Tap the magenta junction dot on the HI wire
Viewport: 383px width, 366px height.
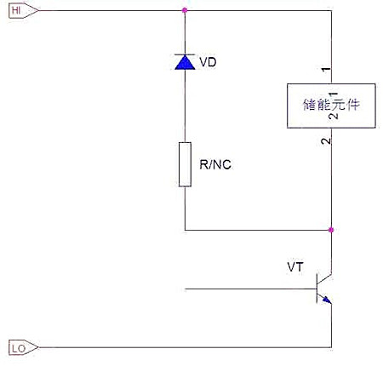tap(186, 11)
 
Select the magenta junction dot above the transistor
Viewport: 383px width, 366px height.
tap(330, 230)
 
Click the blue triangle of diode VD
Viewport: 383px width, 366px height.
tap(186, 62)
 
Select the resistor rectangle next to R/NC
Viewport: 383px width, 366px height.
tap(186, 164)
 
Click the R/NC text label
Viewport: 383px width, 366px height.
tap(215, 165)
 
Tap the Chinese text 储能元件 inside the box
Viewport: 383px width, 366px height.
tap(329, 106)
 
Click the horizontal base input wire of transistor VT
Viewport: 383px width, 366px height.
tap(247, 288)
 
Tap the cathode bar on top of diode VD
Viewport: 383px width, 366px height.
tap(186, 54)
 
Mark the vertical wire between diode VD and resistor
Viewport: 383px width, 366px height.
tap(186, 106)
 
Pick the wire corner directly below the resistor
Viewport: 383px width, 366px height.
tap(186, 230)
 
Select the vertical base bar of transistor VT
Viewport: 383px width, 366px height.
tap(316, 288)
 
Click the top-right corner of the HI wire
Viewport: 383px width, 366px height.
tap(330, 11)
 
